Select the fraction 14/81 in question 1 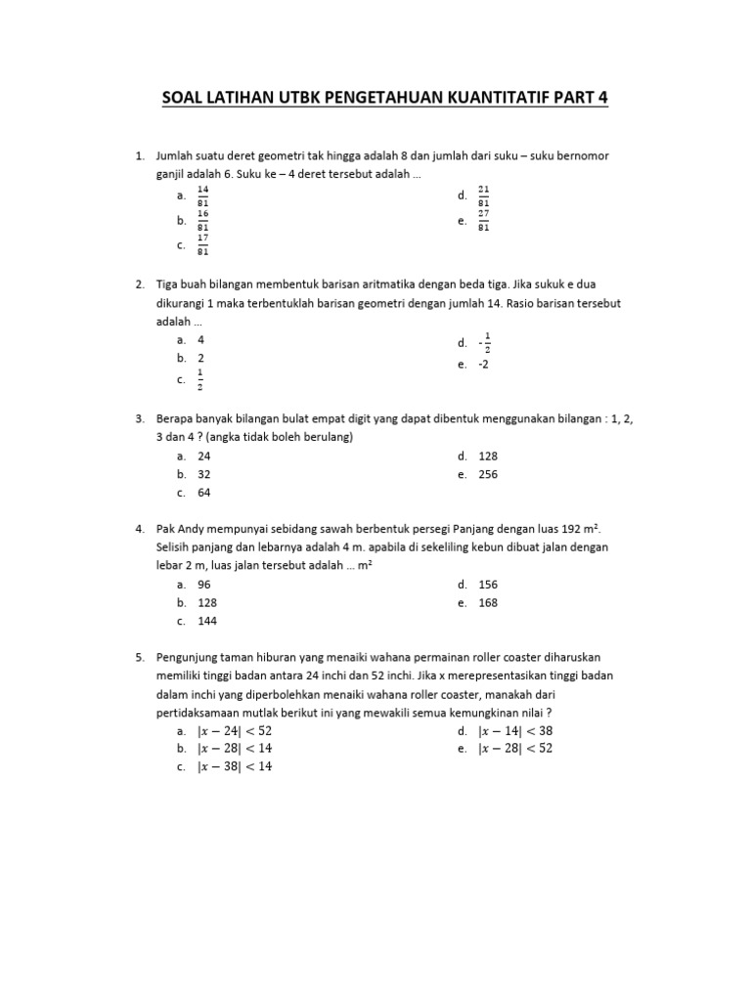click(x=203, y=196)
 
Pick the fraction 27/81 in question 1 click(x=484, y=221)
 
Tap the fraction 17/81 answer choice click(x=203, y=245)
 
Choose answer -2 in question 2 click(x=483, y=364)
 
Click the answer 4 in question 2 click(x=200, y=339)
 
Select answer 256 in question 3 click(x=488, y=474)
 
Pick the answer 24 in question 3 click(x=204, y=456)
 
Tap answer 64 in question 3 click(x=204, y=493)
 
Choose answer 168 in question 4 click(x=488, y=602)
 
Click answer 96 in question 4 click(x=204, y=584)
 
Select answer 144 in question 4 click(x=207, y=621)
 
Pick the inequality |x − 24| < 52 click(x=235, y=730)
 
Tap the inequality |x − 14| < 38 click(x=515, y=730)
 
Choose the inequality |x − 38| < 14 click(x=235, y=767)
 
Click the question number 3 click(x=140, y=418)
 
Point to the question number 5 click(x=140, y=657)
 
